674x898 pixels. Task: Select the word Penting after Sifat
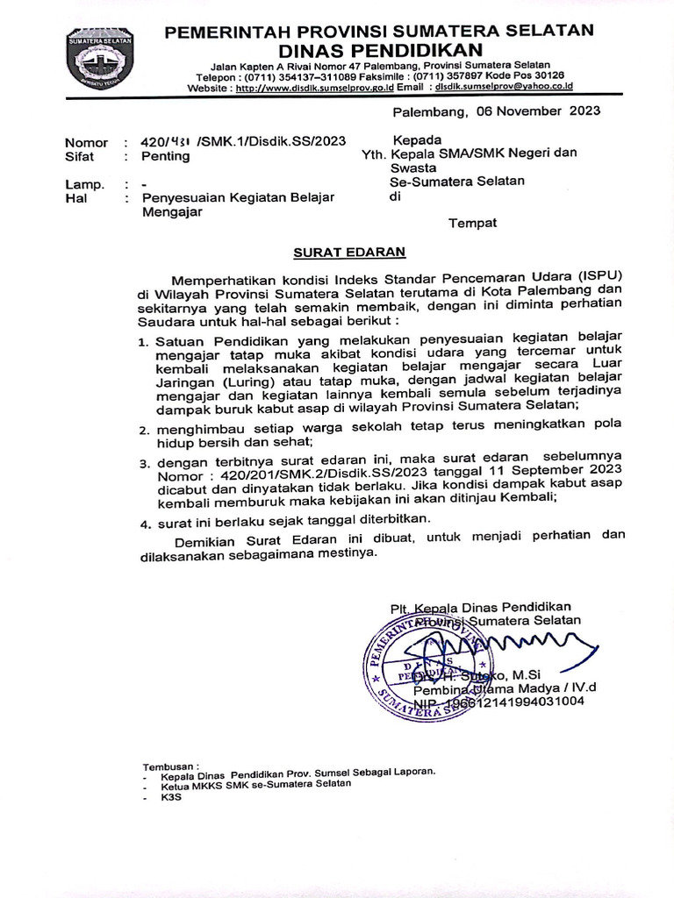(166, 156)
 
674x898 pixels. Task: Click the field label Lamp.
(84, 184)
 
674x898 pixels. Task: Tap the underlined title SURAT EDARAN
(348, 252)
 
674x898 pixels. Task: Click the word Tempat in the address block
(473, 223)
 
